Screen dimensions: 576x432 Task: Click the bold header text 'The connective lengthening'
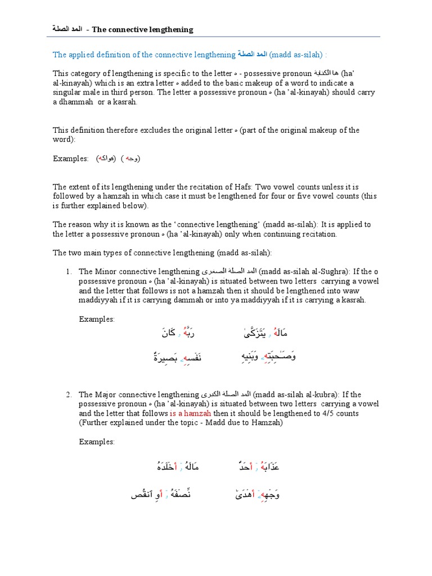[x=142, y=30]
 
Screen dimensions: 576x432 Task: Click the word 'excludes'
[x=156, y=130]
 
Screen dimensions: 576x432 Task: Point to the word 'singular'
[x=67, y=92]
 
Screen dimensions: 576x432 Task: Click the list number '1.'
[x=69, y=272]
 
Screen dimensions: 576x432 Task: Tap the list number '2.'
[x=69, y=394]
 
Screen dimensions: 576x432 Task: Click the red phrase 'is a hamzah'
[x=190, y=413]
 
